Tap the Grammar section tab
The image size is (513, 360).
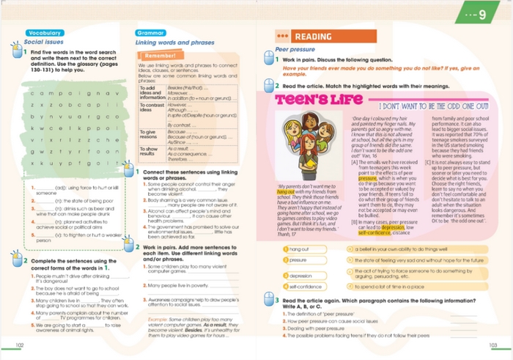[x=150, y=33]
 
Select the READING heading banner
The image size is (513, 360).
[x=311, y=36]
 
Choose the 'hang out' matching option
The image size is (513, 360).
[x=296, y=249]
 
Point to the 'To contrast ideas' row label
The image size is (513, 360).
[x=151, y=107]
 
